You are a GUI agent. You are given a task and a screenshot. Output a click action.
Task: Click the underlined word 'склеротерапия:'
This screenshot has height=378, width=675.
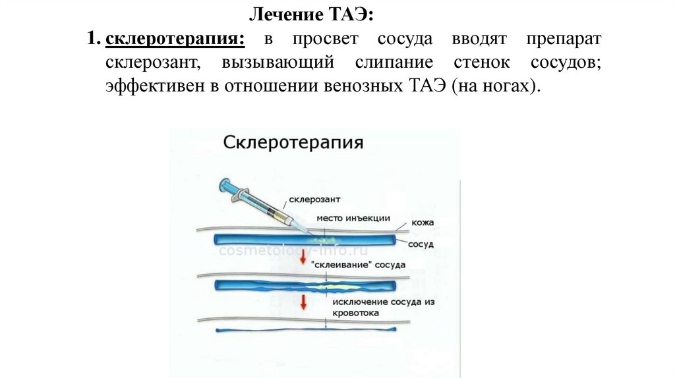175,40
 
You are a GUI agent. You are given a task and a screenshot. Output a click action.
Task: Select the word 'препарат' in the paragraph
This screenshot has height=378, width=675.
564,40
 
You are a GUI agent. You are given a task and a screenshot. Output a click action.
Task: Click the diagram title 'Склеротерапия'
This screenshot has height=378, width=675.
293,143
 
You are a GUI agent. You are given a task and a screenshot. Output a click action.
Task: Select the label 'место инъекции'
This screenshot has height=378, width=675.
353,218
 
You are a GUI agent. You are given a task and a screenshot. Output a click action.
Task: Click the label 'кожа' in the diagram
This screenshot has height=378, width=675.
422,223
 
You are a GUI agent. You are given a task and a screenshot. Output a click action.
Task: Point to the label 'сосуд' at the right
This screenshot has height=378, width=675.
421,244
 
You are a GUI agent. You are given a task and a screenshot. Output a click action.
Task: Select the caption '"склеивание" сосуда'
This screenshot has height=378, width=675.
359,264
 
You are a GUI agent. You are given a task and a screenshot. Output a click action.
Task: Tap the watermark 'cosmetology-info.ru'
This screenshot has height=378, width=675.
293,251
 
